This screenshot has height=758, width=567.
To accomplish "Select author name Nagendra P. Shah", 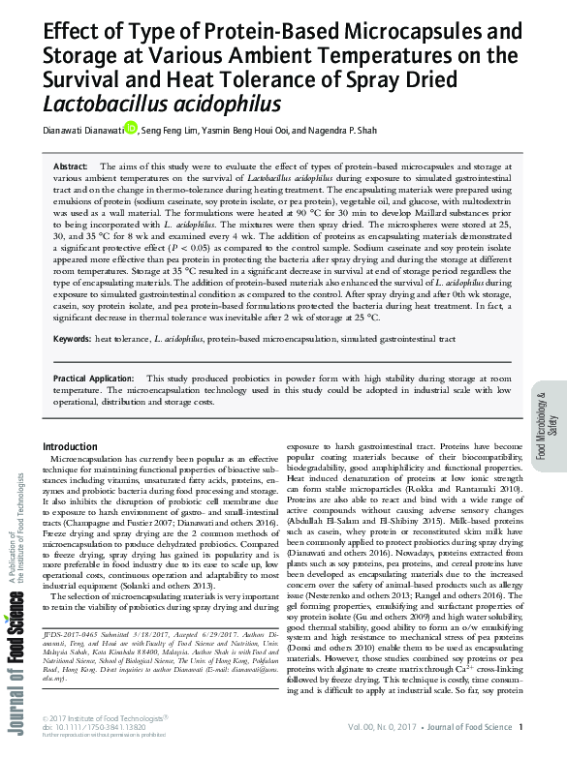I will tap(348, 130).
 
